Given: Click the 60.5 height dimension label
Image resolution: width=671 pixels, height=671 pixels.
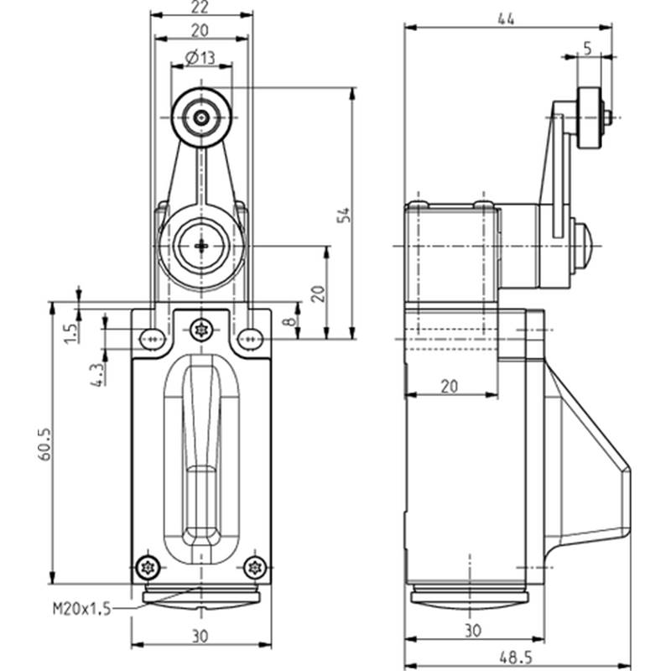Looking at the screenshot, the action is pos(44,445).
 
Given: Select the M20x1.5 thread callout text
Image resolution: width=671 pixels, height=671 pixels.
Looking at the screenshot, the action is pos(81,608).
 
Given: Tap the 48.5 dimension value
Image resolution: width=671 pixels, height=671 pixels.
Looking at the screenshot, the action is pos(516,657).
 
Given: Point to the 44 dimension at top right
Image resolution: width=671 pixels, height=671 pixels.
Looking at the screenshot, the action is pos(507,19).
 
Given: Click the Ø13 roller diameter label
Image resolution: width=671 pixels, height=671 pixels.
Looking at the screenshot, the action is pos(200,57).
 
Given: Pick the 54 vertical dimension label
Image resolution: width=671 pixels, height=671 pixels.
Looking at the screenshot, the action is pos(343,216).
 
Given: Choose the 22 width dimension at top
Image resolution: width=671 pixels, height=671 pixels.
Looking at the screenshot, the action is pos(200,7).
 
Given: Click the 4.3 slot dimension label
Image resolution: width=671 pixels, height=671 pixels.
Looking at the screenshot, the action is pos(97,375).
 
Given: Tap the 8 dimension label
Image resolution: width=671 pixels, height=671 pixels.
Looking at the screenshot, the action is pos(290,321).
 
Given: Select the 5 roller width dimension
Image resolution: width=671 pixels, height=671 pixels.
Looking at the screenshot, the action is pos(588,49).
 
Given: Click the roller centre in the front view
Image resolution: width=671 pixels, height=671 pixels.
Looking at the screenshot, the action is pos(201,117).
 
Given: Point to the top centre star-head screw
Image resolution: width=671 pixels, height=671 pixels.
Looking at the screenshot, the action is pos(201,330).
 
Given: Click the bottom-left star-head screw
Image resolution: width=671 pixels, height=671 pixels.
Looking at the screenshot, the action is pos(148,568).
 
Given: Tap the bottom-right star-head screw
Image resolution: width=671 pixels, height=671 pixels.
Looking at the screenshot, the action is pos(255,568).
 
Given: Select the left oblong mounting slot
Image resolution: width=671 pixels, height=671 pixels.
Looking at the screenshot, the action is pos(153,339).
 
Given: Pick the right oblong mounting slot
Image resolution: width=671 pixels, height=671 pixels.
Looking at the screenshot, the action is pos(251,339).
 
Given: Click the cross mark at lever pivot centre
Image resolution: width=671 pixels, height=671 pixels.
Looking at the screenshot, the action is pos(201,246).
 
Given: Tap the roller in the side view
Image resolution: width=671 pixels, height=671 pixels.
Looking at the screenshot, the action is pos(589,117).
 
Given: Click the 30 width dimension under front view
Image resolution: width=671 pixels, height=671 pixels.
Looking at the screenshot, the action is pos(200,637).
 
